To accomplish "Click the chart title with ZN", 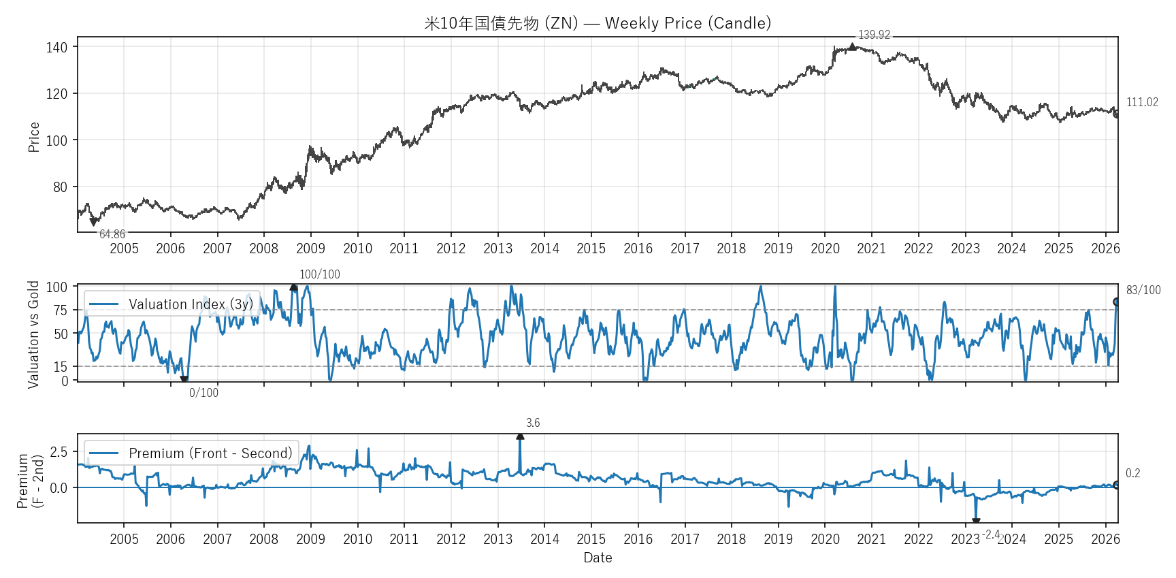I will coord(598,23).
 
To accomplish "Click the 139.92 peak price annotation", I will coord(874,35).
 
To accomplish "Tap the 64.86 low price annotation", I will coord(112,234).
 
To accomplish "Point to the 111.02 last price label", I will coord(1141,102).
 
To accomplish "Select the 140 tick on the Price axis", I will coord(56,47).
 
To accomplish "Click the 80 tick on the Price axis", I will coord(60,187).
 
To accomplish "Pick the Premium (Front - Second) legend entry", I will coord(191,453).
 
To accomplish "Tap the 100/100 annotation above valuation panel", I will coord(319,274).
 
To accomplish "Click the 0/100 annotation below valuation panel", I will coord(203,393).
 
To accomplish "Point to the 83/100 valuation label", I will coord(1143,290).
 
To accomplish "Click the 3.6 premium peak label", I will coord(533,423).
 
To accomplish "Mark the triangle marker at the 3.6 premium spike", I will coord(520,436).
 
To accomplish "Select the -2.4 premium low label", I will coord(991,534).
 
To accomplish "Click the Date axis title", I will coord(598,558).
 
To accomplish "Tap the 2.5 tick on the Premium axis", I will coord(59,452).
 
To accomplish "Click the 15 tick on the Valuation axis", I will coord(61,366).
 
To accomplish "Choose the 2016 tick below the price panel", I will coord(638,248).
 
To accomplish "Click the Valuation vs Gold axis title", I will coord(33,334).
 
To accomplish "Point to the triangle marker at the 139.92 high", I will coord(852,47).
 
